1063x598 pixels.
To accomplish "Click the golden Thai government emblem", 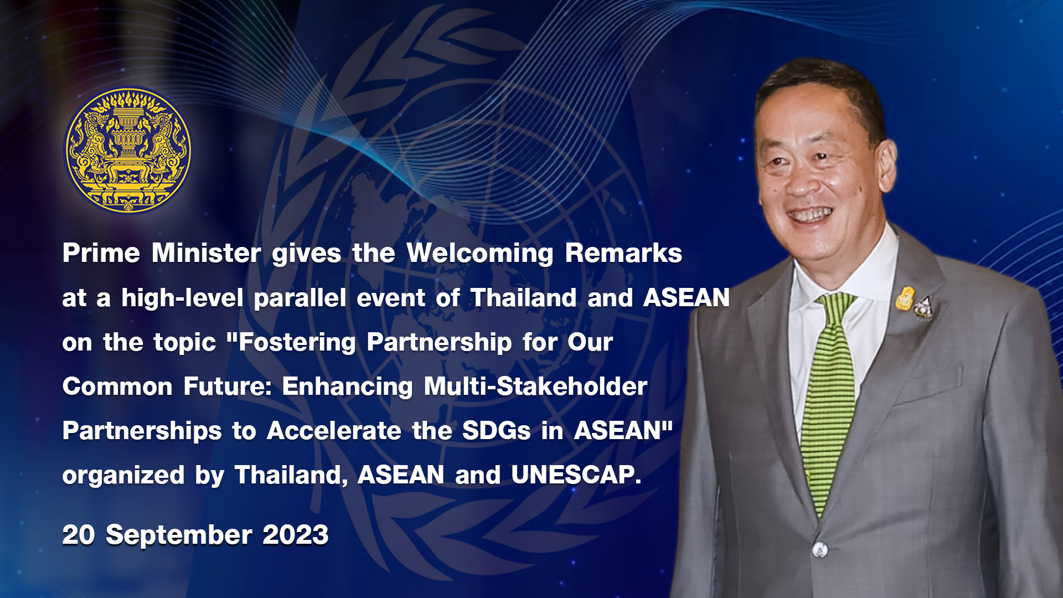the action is point(128,151).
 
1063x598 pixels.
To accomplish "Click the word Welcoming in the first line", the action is point(479,254).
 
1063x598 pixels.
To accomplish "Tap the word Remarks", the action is point(623,253).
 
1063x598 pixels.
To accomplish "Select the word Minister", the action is point(206,253).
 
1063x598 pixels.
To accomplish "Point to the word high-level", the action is point(182,298).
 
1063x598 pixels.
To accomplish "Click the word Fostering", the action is point(297,343).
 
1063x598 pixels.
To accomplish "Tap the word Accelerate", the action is point(334,431).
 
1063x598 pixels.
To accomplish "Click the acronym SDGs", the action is point(497,431).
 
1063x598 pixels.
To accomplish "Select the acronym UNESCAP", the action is point(576,475).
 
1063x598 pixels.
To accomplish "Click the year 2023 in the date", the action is point(296,535).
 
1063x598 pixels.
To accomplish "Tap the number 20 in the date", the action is point(79,535).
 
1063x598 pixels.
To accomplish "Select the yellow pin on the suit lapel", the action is point(905,298).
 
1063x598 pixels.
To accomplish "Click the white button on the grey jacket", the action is point(820,550).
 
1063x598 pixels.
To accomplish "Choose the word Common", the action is point(117,386).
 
